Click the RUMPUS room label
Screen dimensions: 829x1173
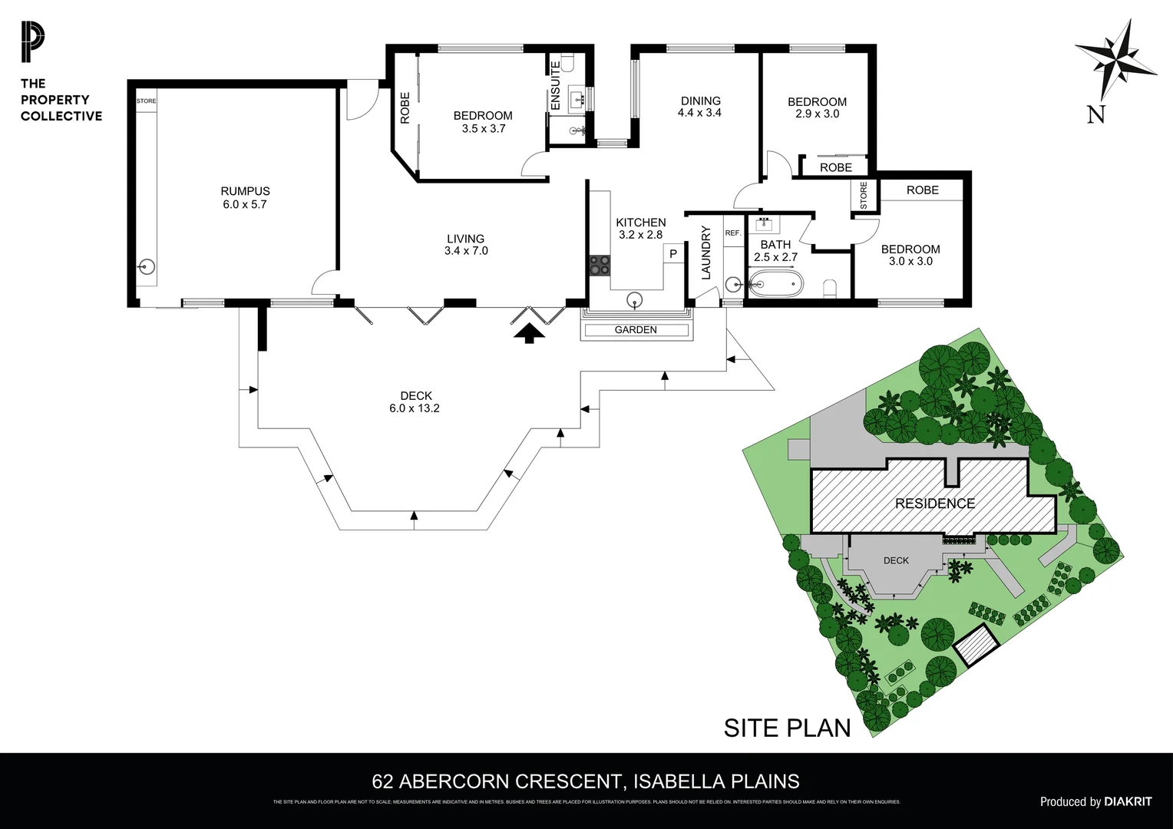pyautogui.click(x=245, y=191)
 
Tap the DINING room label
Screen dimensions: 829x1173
pyautogui.click(x=700, y=101)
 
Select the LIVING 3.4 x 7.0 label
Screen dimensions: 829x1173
pyautogui.click(x=466, y=245)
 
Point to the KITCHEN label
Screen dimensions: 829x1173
pyautogui.click(x=640, y=223)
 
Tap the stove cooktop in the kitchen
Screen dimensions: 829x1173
pyautogui.click(x=600, y=265)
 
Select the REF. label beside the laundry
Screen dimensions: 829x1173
pyautogui.click(x=732, y=233)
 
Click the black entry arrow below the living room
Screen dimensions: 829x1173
pyautogui.click(x=529, y=332)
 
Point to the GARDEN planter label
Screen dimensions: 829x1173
pyautogui.click(x=636, y=330)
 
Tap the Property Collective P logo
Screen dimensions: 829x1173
pyautogui.click(x=33, y=43)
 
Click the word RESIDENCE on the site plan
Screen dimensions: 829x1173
pyautogui.click(x=934, y=504)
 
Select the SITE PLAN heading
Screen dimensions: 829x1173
pyautogui.click(x=787, y=728)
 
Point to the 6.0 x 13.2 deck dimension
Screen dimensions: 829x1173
pyautogui.click(x=415, y=408)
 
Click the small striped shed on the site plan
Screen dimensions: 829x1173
pyautogui.click(x=976, y=644)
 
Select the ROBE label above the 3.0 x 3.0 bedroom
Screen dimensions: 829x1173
pyautogui.click(x=922, y=190)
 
